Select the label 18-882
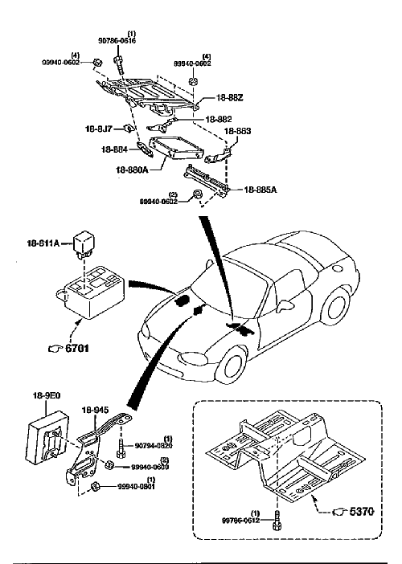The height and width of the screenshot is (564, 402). tap(217, 119)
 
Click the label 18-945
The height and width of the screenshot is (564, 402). tap(95, 409)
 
